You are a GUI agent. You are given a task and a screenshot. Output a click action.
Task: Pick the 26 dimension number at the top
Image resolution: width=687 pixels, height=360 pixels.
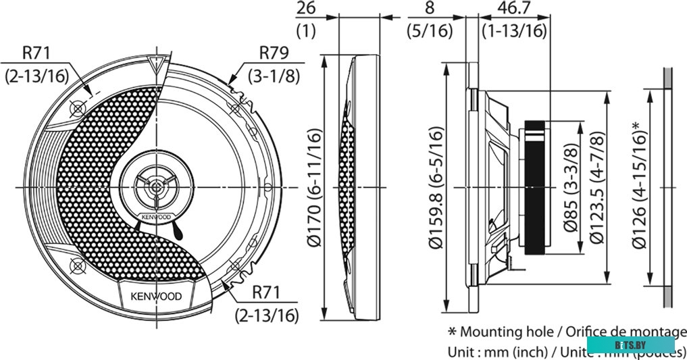[x=306, y=9]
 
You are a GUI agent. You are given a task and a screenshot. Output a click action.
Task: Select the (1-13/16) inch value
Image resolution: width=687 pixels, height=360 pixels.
[x=513, y=30]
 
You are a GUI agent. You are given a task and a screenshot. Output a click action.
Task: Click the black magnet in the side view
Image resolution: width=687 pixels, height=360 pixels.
[x=536, y=187]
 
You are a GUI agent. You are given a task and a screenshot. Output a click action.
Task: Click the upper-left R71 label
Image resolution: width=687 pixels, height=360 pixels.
[x=36, y=53]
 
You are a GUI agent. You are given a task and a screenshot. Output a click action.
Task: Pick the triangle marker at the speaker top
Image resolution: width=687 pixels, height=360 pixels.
[x=157, y=65]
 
